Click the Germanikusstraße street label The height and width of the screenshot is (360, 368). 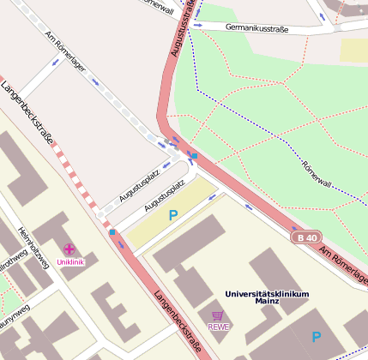[x=256, y=28]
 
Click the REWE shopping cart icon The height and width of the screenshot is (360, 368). [x=218, y=315]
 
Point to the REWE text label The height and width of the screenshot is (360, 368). [x=218, y=327]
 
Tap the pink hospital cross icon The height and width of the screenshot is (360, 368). [x=69, y=249]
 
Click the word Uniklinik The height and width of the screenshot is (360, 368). [x=70, y=261]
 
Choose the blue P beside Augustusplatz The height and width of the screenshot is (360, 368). [x=172, y=215]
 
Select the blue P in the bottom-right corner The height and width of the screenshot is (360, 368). [x=317, y=338]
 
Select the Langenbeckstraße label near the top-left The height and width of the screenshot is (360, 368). [x=27, y=112]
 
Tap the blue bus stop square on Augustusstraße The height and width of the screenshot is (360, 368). [x=194, y=156]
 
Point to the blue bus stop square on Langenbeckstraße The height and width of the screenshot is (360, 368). [x=112, y=231]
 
